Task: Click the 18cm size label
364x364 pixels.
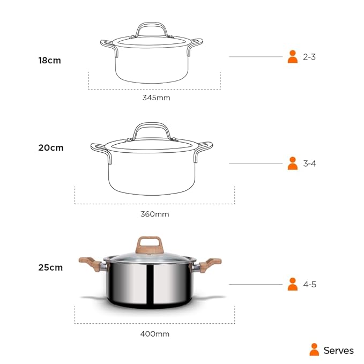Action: click(49, 61)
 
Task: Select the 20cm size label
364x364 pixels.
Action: click(50, 147)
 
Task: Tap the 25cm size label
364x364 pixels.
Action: click(50, 267)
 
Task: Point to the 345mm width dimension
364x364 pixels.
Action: click(156, 98)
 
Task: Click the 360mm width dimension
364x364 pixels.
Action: click(154, 214)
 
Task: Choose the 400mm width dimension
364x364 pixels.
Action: click(154, 333)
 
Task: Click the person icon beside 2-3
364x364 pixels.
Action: click(292, 57)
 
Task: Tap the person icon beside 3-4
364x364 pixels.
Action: click(292, 164)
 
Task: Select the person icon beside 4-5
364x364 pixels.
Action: click(292, 284)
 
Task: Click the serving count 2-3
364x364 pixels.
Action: click(309, 57)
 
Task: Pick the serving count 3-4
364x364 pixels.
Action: click(309, 164)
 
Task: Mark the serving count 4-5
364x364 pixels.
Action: click(309, 284)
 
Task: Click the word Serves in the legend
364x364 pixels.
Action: click(338, 351)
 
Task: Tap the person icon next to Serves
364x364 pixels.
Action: click(314, 350)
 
